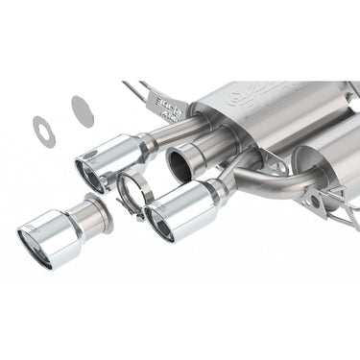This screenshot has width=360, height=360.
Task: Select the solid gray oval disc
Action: click(83, 110)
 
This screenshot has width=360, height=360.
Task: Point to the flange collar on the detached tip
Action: click(97, 213)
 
